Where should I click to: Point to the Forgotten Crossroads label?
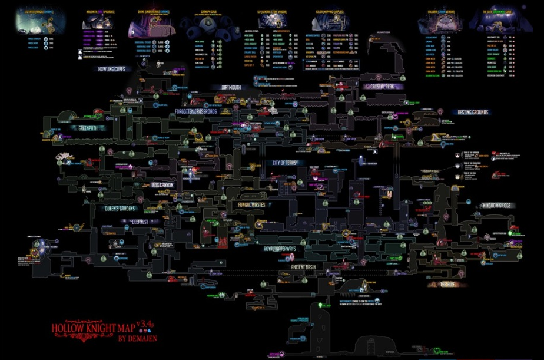(195, 111)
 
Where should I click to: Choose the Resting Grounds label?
(473, 112)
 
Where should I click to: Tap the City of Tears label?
(284, 163)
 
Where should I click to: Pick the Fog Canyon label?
(164, 185)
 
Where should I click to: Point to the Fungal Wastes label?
(253, 205)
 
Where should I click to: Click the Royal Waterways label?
(279, 249)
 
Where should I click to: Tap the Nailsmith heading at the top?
(96, 10)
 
